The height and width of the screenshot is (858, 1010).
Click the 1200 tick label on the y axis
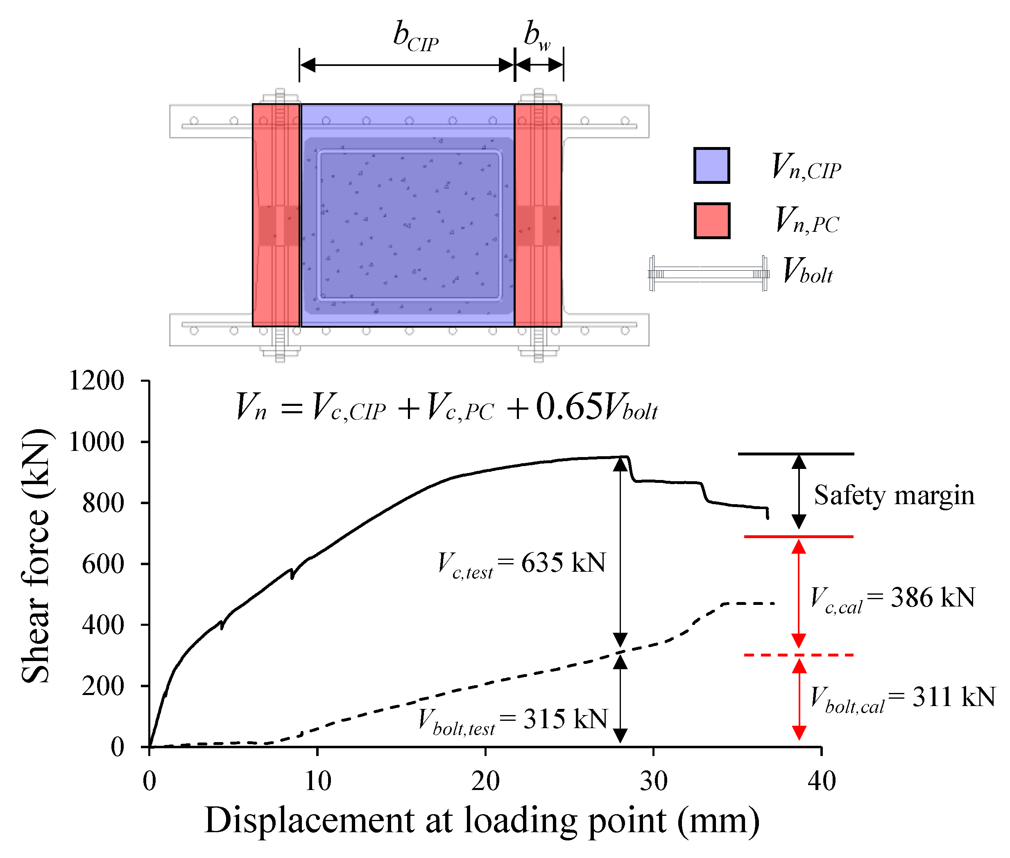tap(96, 380)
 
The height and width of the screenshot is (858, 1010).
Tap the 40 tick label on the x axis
tap(822, 781)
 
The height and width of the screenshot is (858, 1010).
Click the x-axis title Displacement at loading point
tap(482, 821)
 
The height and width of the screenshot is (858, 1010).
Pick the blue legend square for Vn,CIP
tap(711, 165)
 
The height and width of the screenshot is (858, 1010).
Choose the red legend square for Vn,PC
tap(712, 221)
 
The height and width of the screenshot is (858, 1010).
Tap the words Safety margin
tap(894, 496)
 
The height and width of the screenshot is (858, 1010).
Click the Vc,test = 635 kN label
tap(521, 565)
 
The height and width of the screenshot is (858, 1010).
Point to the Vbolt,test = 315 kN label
tap(513, 720)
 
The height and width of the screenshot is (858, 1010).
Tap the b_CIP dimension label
tap(415, 36)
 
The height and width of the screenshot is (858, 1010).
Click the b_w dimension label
tap(537, 36)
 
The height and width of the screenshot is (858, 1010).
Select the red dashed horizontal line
tap(798, 655)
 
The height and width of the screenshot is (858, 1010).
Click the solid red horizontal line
tap(798, 537)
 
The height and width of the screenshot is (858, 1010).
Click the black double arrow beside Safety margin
tap(799, 492)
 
